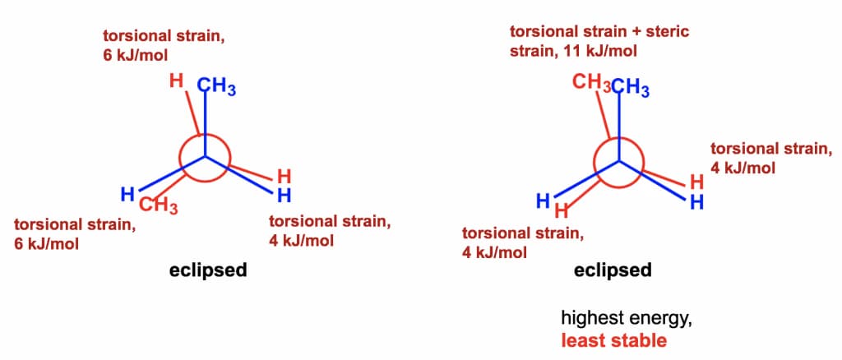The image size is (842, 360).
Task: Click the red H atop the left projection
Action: click(x=176, y=82)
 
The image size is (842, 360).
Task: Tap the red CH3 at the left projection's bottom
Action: click(x=159, y=205)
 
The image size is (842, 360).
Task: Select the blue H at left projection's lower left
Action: click(x=127, y=194)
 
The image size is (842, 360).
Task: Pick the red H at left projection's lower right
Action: click(x=284, y=177)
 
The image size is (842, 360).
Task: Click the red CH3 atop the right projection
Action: click(x=591, y=84)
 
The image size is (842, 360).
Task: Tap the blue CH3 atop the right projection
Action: click(x=631, y=87)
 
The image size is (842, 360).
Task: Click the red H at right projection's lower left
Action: click(x=562, y=210)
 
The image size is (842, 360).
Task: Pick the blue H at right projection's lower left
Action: click(x=544, y=201)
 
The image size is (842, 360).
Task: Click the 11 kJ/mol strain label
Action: click(x=573, y=52)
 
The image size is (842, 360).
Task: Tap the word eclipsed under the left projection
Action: click(x=208, y=270)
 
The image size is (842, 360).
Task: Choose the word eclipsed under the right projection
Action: click(x=613, y=270)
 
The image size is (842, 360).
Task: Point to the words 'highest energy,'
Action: click(x=626, y=319)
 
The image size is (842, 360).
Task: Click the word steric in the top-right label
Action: click(x=669, y=31)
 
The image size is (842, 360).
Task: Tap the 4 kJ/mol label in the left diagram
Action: click(x=301, y=240)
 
